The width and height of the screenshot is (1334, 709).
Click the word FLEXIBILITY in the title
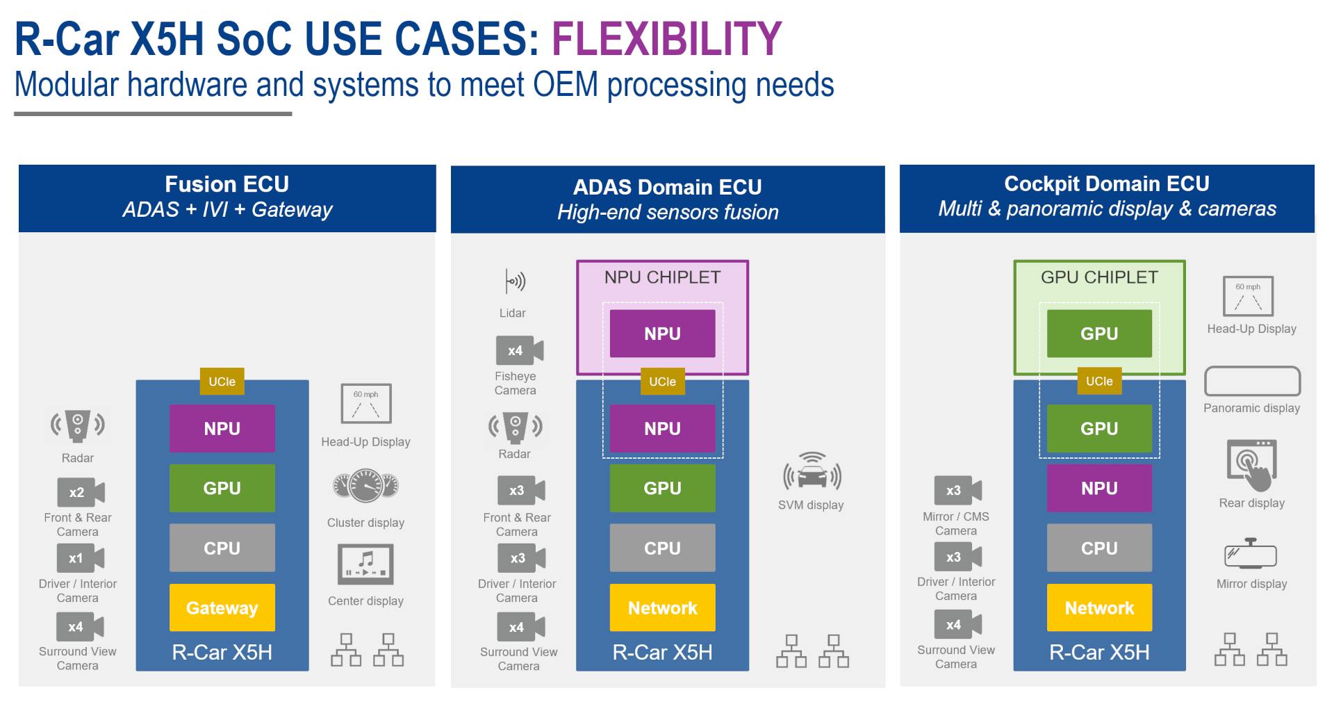[x=666, y=39]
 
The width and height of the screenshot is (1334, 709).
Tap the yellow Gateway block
[x=222, y=608]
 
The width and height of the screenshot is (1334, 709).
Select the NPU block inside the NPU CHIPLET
[x=662, y=334]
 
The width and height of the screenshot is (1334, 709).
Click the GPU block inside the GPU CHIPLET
[x=1098, y=334]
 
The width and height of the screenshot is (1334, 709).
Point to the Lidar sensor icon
[x=514, y=282]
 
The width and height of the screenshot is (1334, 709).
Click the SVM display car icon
[x=812, y=472]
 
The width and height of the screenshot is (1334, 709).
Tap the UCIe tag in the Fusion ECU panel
[x=222, y=381]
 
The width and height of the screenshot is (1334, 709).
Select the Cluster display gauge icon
[x=365, y=486]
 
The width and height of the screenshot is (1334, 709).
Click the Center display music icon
[x=365, y=564]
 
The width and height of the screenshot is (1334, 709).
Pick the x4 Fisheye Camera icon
[x=518, y=350]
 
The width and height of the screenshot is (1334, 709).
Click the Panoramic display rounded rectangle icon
[x=1251, y=381]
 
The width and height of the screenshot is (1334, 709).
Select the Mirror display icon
[x=1251, y=554]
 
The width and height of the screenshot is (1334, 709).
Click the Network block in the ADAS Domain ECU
[x=662, y=608]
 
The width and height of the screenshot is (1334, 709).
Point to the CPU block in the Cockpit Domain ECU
[x=1098, y=548]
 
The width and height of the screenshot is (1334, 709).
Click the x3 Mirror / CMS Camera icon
[x=957, y=490]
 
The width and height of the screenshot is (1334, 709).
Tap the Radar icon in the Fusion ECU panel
[x=78, y=425]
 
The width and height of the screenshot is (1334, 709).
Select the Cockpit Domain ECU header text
[x=1106, y=184]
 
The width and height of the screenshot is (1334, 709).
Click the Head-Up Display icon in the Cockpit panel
[x=1248, y=296]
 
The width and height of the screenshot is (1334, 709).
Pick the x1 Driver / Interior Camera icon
[x=80, y=557]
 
